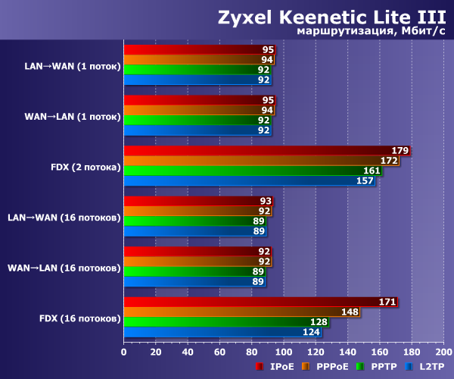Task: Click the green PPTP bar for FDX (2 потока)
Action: pos(252,171)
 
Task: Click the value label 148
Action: pos(350,312)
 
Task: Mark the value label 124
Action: pos(312,332)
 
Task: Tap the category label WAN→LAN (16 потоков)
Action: pos(64,268)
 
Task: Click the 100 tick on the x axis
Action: pos(283,352)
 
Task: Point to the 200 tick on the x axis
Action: pos(443,352)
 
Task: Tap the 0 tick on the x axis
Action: pos(123,352)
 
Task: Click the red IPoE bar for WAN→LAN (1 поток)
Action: pos(199,99)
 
